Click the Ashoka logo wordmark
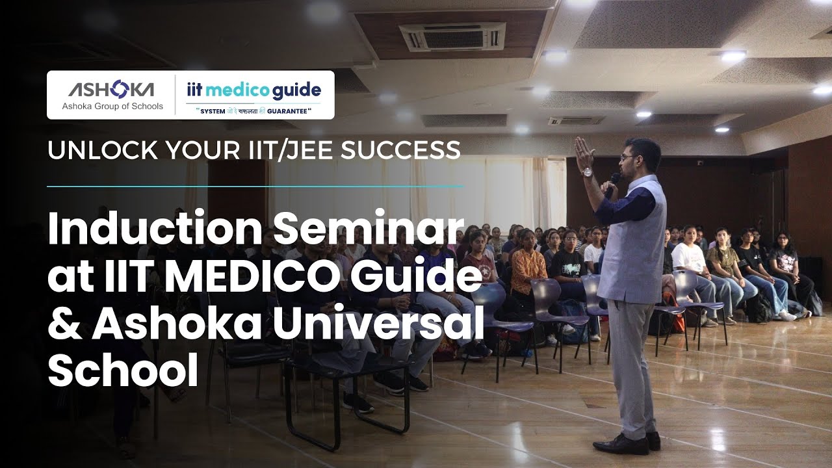(111, 90)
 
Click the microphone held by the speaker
(611, 183)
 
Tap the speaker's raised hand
(582, 153)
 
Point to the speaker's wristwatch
(587, 172)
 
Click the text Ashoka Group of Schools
(112, 106)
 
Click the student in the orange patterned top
(528, 270)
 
